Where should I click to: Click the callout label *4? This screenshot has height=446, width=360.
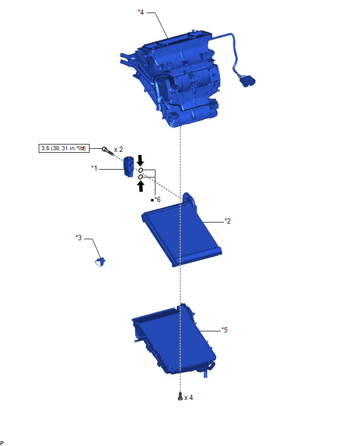point(141,12)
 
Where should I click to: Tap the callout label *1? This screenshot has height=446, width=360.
point(94,168)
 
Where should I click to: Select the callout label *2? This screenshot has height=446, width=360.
point(228,221)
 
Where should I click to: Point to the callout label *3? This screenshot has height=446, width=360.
point(79,238)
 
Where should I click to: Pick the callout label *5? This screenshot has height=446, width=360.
point(224,330)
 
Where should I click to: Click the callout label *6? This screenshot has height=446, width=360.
point(157,199)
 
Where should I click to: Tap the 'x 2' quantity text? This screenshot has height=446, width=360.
point(118,149)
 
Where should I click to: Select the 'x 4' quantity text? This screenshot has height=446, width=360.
point(189,397)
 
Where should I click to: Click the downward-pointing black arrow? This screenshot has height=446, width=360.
point(140,160)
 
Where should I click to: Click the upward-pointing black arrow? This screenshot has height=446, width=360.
point(141,186)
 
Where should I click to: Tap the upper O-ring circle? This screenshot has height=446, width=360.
point(141,171)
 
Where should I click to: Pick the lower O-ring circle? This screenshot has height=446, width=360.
point(141,177)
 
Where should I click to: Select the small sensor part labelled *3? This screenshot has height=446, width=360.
point(100,261)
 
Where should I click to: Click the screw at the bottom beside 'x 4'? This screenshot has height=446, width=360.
point(181,397)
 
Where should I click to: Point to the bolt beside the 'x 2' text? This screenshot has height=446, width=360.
point(107,151)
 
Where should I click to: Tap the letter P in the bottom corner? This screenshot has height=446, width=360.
point(3,443)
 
